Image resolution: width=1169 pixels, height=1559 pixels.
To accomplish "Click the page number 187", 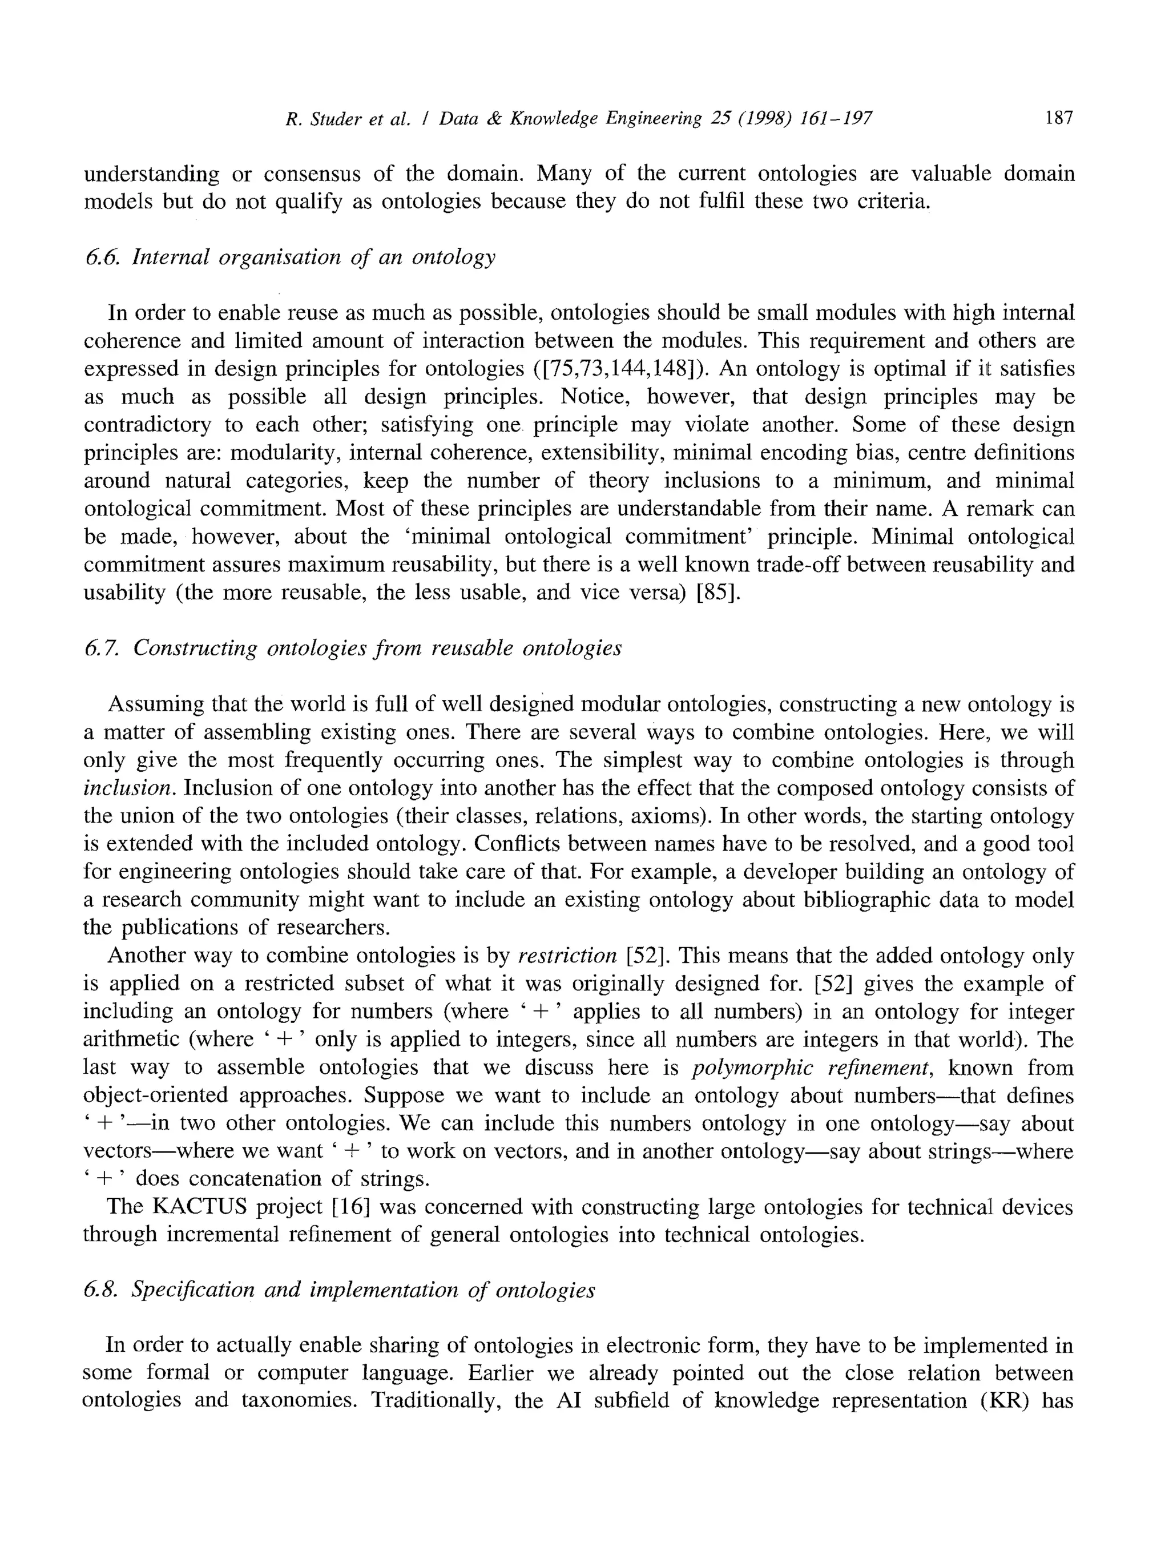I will pos(1059,118).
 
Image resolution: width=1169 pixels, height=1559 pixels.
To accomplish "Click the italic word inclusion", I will pos(129,788).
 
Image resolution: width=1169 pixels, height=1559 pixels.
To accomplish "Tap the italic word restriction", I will pos(567,956).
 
